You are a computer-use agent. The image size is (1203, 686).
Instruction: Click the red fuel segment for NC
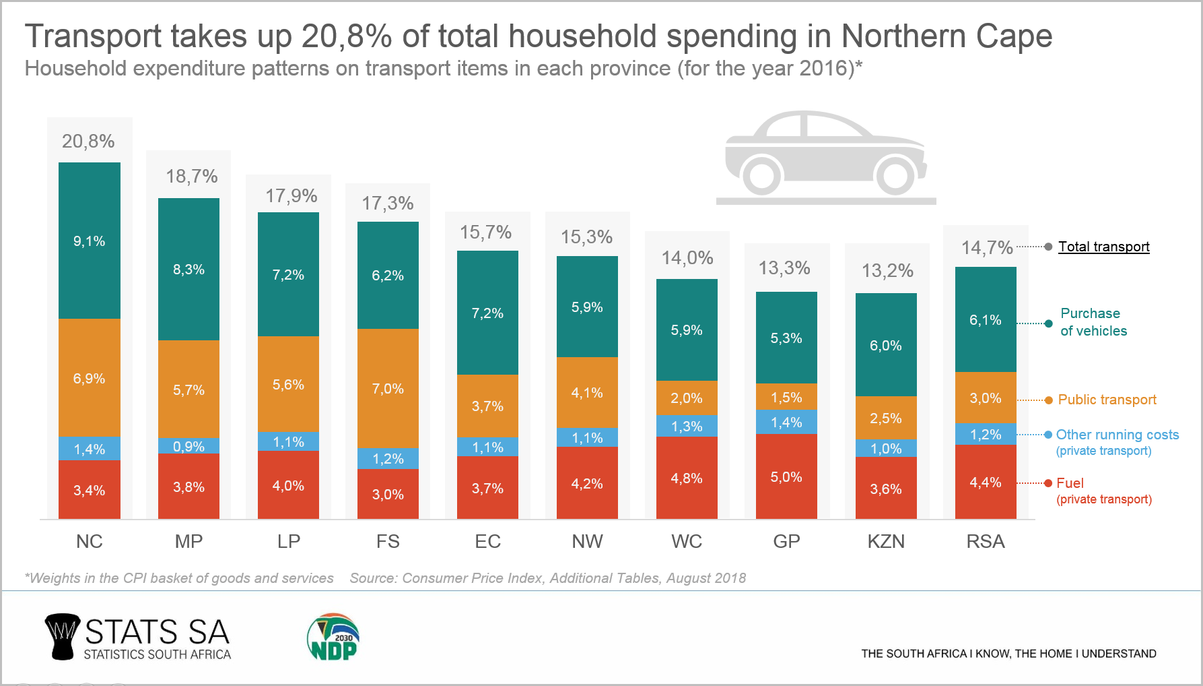(90, 490)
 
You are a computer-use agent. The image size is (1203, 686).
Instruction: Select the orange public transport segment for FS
(388, 389)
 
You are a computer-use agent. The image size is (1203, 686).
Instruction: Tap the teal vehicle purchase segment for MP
(188, 270)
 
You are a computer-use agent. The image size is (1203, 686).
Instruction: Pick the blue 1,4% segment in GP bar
(786, 423)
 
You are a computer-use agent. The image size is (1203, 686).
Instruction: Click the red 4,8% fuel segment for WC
(687, 478)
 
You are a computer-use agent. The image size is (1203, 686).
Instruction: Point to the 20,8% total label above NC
(88, 142)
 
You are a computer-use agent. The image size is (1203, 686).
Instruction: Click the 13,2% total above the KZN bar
(887, 271)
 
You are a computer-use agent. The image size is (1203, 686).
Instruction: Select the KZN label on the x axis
(886, 542)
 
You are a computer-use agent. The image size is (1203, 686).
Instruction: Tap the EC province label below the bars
(487, 542)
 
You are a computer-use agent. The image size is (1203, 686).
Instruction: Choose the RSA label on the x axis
(986, 542)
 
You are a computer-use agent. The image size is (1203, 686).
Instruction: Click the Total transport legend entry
(1103, 247)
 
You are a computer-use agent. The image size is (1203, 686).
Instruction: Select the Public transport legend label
(1107, 400)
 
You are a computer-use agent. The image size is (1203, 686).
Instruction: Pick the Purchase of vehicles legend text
(1093, 322)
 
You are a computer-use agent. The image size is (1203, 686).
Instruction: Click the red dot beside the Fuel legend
(1048, 483)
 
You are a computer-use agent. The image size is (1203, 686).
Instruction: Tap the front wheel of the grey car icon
(895, 175)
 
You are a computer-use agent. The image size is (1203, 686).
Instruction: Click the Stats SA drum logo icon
(62, 636)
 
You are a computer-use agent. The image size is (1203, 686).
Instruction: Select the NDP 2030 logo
(333, 637)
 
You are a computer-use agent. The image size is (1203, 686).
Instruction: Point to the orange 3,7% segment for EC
(487, 406)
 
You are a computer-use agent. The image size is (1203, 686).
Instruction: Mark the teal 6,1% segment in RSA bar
(986, 320)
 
